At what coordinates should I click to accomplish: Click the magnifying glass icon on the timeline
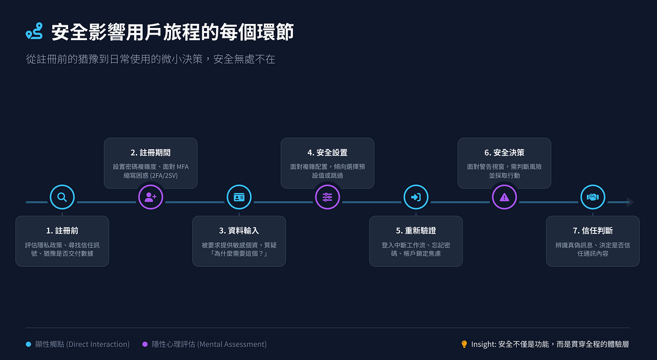click(62, 197)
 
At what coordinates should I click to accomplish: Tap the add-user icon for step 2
click(151, 197)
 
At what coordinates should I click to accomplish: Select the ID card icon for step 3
click(239, 197)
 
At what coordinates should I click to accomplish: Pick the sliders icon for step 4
click(328, 197)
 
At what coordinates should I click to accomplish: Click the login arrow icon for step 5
click(416, 197)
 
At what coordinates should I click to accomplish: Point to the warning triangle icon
click(504, 197)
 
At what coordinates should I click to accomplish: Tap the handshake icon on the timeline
click(592, 197)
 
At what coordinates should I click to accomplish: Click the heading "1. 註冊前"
click(62, 231)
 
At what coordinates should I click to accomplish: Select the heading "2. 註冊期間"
click(151, 153)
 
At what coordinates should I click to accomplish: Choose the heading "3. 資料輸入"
click(239, 231)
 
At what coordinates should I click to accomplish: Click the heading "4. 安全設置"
click(328, 153)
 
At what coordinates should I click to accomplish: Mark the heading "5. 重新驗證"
click(416, 231)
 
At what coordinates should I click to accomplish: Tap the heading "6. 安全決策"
click(504, 153)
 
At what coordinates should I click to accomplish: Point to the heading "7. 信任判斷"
click(592, 231)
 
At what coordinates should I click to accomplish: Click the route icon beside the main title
click(34, 31)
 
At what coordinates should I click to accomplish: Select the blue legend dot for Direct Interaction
click(28, 344)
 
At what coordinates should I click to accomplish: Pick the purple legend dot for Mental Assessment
click(145, 344)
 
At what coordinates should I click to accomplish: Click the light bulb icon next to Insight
click(464, 344)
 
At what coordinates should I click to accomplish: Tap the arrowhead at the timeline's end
click(630, 202)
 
